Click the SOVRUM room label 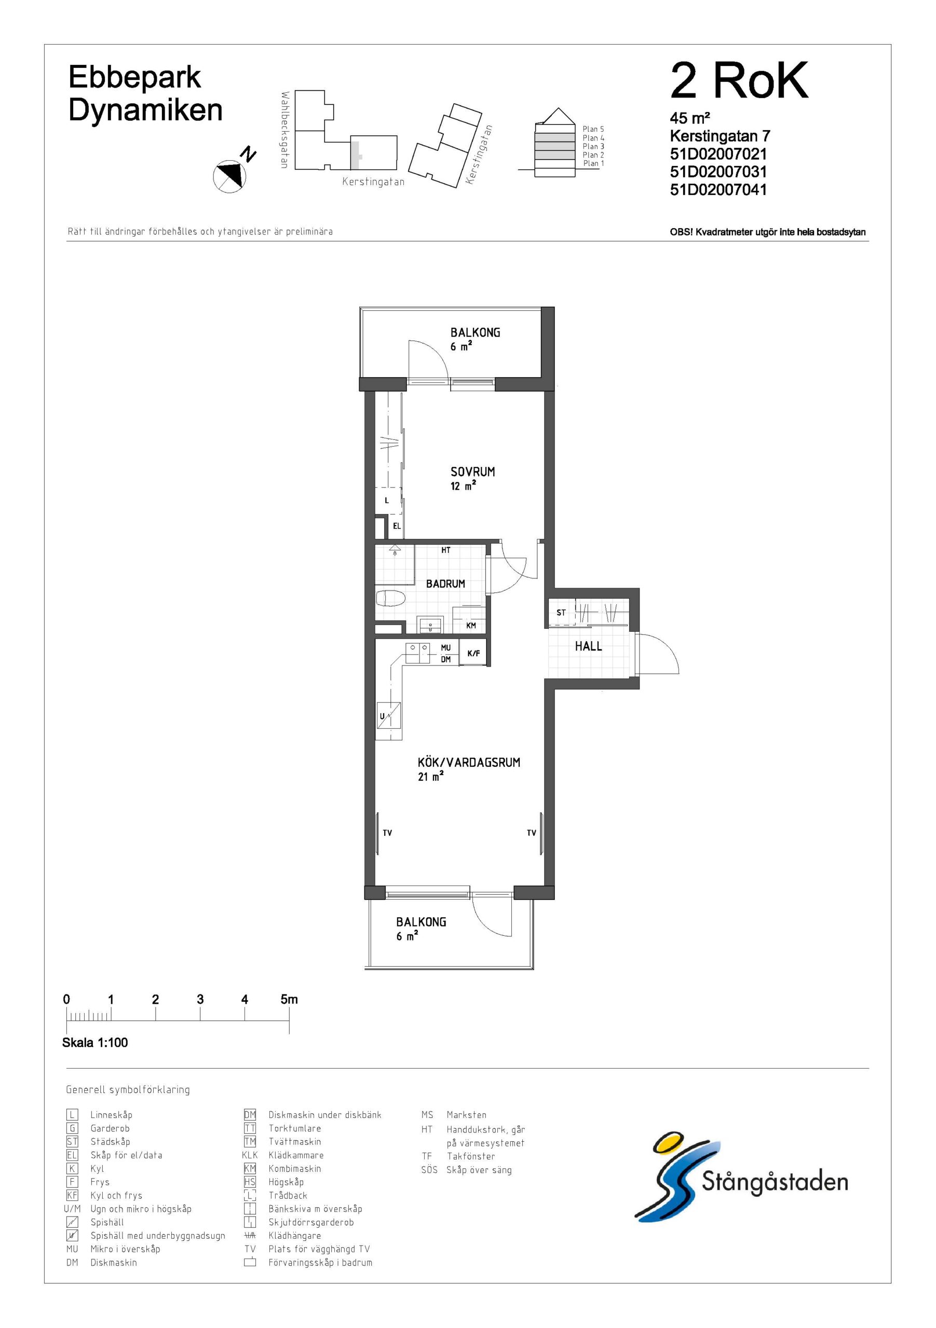472,472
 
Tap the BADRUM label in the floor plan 445,584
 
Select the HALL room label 588,647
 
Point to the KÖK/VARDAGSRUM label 469,763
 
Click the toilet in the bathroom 391,598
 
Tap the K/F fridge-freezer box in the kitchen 473,653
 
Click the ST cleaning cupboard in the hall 561,613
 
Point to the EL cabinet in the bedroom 396,527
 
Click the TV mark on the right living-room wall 532,833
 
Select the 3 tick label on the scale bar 200,1000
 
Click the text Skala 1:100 95,1043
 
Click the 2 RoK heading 739,81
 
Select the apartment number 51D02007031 718,172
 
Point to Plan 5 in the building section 593,129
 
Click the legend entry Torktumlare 295,1128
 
